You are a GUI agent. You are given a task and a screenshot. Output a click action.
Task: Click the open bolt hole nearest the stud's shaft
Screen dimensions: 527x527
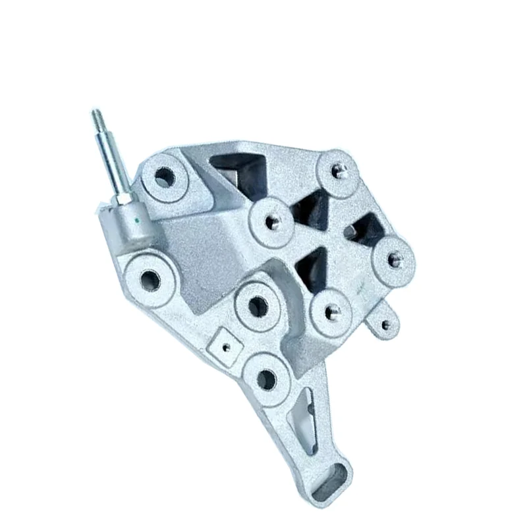pyautogui.click(x=163, y=177)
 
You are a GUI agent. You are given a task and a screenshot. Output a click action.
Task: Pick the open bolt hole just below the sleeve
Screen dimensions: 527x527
pyautogui.click(x=151, y=277)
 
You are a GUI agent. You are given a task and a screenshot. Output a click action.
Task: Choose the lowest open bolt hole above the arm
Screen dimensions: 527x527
pyautogui.click(x=267, y=377)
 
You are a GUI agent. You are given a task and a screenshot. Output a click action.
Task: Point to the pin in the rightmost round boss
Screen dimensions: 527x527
pyautogui.click(x=394, y=258)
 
